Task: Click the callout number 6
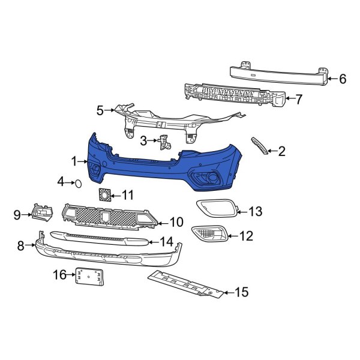[x=343, y=78]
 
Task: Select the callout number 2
[x=281, y=151]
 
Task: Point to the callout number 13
[x=256, y=211]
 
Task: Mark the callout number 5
[x=100, y=110]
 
